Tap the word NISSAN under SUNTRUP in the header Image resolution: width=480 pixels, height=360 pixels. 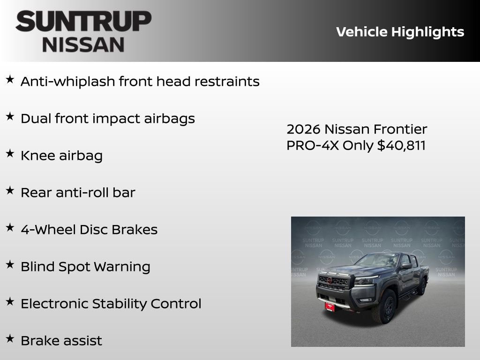pyautogui.click(x=83, y=45)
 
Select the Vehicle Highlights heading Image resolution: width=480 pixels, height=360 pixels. pyautogui.click(x=400, y=32)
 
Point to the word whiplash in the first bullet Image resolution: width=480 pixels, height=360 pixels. pyautogui.click(x=85, y=82)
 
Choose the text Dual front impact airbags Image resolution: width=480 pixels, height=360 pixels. pyautogui.click(x=107, y=119)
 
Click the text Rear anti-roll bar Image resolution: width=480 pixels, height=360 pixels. pyautogui.click(x=78, y=193)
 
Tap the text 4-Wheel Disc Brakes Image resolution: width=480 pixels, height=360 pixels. pyautogui.click(x=89, y=230)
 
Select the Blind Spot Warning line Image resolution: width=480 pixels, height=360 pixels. pyautogui.click(x=85, y=267)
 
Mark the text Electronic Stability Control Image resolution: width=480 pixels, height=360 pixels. pyautogui.click(x=111, y=304)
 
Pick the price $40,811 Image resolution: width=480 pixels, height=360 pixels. pyautogui.click(x=401, y=145)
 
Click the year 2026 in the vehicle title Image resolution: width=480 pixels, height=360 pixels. pyautogui.click(x=304, y=129)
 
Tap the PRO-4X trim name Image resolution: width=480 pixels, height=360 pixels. pyautogui.click(x=313, y=145)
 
